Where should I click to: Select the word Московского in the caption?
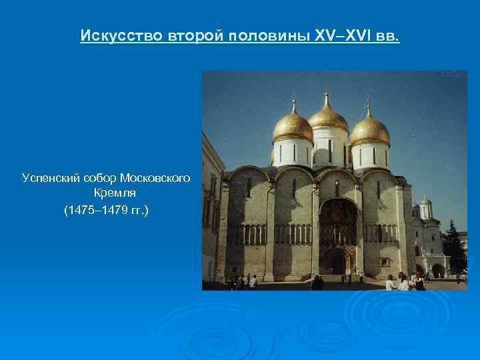[x=155, y=178]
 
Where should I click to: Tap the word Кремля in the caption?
[x=107, y=194]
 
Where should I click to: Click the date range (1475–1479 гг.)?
[x=107, y=210]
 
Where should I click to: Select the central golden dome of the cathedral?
[x=328, y=117]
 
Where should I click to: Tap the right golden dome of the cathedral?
[x=369, y=130]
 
